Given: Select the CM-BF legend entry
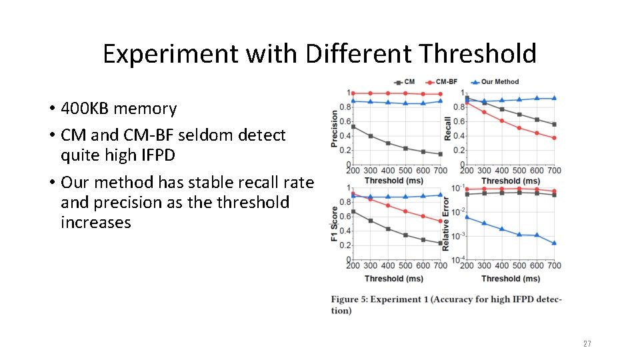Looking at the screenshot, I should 442,82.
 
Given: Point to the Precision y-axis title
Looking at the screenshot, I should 335,128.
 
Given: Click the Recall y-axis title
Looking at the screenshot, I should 448,128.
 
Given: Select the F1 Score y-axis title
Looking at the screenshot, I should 335,223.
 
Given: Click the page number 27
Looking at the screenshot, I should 587,343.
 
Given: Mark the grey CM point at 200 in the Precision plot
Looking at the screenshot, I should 353,127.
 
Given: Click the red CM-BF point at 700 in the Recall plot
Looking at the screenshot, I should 554,138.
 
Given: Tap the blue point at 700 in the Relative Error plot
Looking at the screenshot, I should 554,243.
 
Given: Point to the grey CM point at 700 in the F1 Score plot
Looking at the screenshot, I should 440,243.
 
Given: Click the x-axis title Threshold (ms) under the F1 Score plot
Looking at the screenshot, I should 393,279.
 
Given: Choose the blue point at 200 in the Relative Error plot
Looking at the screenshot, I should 467,217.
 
